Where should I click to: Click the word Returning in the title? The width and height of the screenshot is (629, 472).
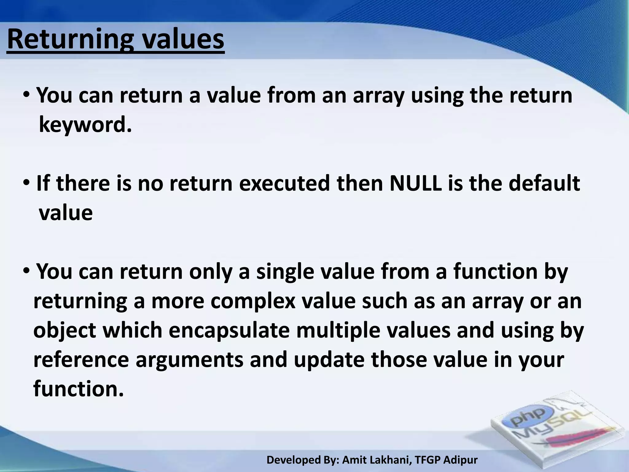click(x=70, y=40)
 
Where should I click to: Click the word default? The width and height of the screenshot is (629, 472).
click(x=544, y=183)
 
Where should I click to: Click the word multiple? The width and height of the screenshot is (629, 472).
click(x=338, y=330)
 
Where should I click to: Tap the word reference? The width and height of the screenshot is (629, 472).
click(x=81, y=360)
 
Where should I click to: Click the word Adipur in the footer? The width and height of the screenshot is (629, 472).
click(x=460, y=460)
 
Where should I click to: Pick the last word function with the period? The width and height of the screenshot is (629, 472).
click(x=78, y=389)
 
